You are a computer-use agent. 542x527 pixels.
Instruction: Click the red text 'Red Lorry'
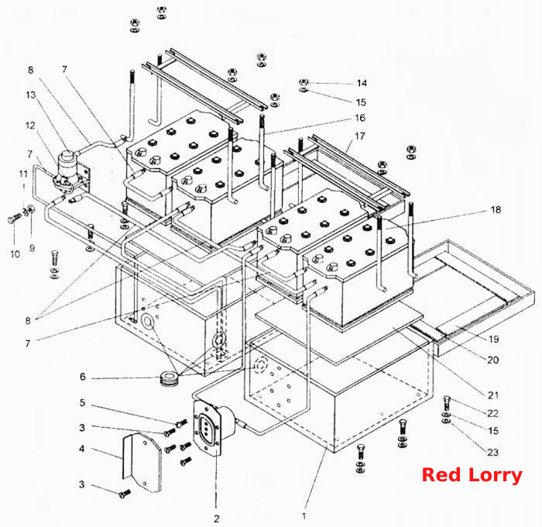pyautogui.click(x=472, y=475)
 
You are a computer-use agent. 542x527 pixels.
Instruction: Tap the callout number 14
pyautogui.click(x=362, y=84)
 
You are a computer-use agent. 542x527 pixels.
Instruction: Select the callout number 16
pyautogui.click(x=360, y=118)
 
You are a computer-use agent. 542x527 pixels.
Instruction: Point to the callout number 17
pyautogui.click(x=360, y=136)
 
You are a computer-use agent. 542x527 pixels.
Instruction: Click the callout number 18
pyautogui.click(x=496, y=210)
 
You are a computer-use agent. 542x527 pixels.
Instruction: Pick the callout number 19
pyautogui.click(x=494, y=339)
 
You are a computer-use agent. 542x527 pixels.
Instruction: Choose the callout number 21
pyautogui.click(x=493, y=395)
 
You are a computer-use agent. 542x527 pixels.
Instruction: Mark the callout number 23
pyautogui.click(x=493, y=453)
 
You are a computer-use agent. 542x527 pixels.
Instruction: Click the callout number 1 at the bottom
pyautogui.click(x=304, y=516)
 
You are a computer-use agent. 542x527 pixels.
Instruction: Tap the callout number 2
pyautogui.click(x=216, y=518)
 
